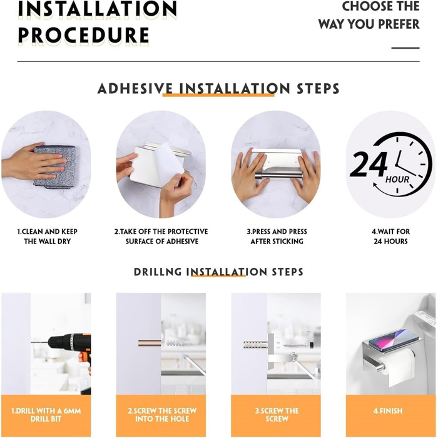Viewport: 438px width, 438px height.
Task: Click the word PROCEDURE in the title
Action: [83, 36]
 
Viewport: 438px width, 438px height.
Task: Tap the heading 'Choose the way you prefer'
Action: [369, 15]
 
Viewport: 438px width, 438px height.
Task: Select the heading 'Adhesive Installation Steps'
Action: [218, 89]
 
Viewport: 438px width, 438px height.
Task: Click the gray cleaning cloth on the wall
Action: [55, 167]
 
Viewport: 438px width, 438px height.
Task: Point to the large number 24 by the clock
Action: [369, 164]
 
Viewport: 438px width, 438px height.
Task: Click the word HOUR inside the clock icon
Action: [397, 179]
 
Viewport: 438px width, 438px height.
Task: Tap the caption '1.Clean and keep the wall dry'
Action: [47, 237]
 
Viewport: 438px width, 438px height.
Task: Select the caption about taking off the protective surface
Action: [161, 237]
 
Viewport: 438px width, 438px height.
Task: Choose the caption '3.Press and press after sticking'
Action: [277, 237]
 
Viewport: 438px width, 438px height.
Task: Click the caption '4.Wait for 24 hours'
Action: [391, 237]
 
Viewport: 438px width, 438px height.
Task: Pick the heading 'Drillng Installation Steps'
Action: [218, 272]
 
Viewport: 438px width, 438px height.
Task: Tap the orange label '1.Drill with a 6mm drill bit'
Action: [46, 415]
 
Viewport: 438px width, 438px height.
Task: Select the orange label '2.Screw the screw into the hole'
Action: [162, 415]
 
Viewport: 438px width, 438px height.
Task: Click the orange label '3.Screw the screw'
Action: [277, 415]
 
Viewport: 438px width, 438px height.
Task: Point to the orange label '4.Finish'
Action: [388, 411]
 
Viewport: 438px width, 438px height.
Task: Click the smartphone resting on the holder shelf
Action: [393, 340]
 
